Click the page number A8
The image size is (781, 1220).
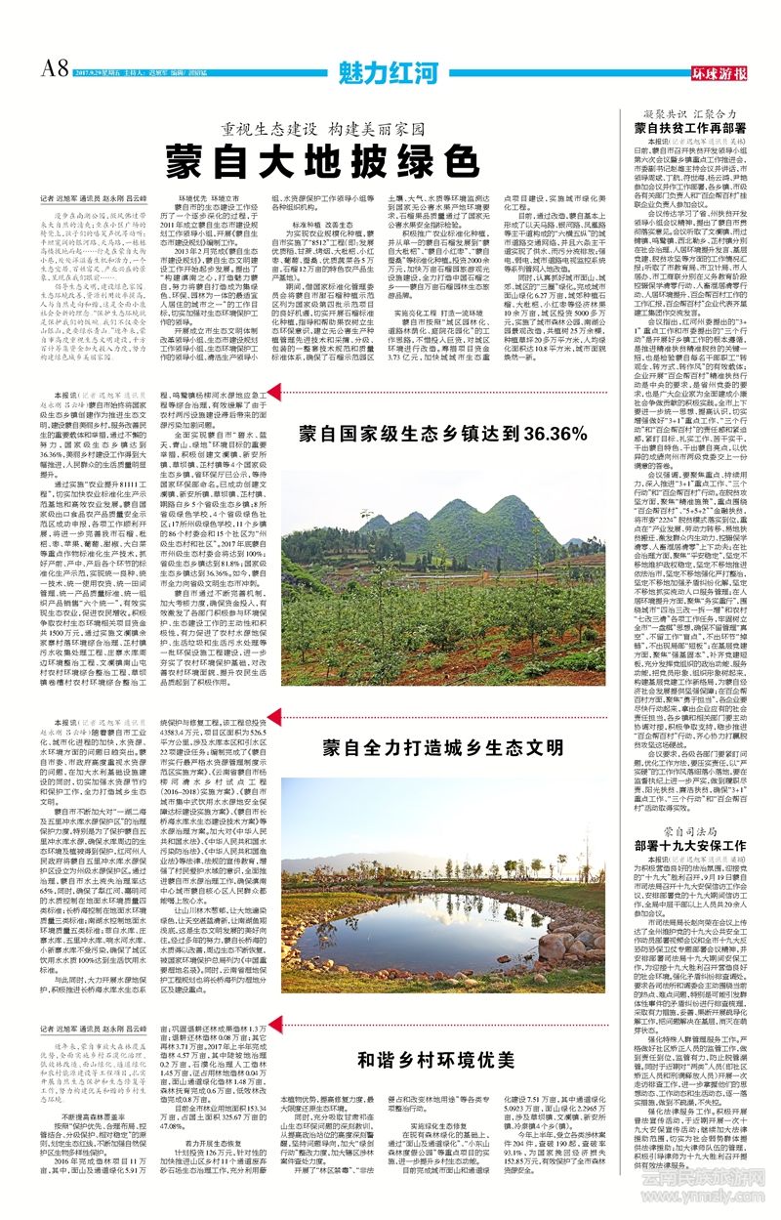pyautogui.click(x=54, y=68)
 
